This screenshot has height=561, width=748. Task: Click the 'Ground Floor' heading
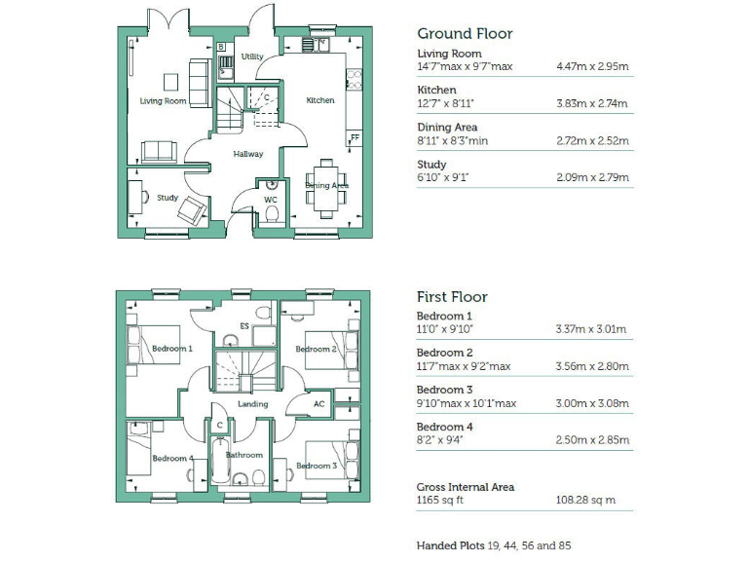pos(465,33)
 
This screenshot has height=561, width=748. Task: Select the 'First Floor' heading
pos(452,296)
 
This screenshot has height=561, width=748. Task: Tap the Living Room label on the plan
pos(163,101)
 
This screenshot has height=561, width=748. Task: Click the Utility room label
pos(252,57)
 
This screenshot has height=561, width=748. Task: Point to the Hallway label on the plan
pos(247,154)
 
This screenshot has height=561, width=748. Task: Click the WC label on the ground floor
pos(271,200)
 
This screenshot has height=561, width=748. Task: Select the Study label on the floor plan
pos(168,198)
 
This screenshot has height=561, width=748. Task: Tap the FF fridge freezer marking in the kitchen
pos(355,137)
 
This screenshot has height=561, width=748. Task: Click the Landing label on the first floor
pos(252,404)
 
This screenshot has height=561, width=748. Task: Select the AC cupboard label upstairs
pos(318,404)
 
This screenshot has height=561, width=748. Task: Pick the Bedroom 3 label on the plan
pos(316,466)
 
